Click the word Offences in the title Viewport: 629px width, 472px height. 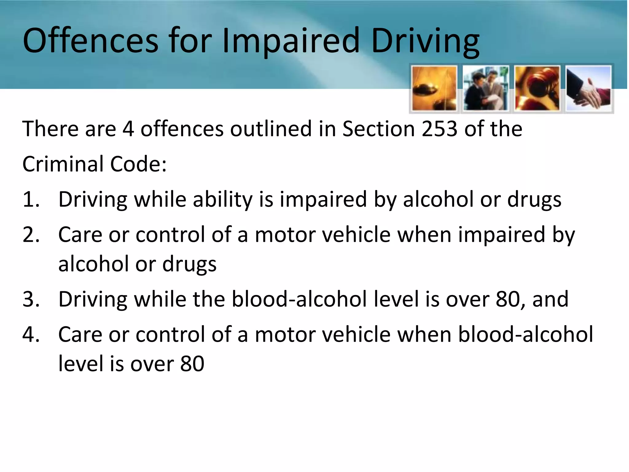[x=91, y=41]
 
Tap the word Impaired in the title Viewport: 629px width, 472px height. [x=291, y=41]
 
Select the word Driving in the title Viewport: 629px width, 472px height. [x=425, y=41]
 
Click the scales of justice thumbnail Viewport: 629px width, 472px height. [x=434, y=88]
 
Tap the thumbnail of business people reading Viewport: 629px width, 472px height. [x=485, y=88]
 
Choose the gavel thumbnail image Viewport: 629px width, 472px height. [x=537, y=88]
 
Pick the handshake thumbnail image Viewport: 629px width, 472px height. [x=589, y=88]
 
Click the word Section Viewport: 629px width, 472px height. [x=379, y=128]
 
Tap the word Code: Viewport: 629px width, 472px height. [x=139, y=164]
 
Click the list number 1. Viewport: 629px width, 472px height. [x=31, y=199]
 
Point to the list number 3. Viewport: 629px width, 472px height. [x=31, y=299]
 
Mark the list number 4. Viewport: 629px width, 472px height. [x=31, y=334]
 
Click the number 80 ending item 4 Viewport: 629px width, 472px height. [x=192, y=364]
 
